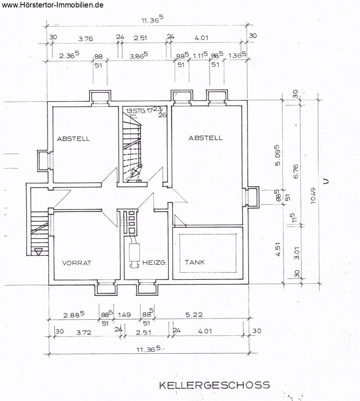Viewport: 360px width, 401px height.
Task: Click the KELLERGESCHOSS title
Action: point(214,385)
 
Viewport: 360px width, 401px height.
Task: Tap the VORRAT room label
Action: point(77,263)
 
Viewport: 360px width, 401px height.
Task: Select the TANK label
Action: point(195,262)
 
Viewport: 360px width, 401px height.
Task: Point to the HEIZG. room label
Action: point(154,262)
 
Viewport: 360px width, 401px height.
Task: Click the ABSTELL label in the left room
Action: point(73,139)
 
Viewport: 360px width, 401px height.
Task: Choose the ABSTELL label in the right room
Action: point(205,138)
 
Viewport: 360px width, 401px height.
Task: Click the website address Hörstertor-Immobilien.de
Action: point(52,5)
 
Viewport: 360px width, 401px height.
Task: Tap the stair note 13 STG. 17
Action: point(139,111)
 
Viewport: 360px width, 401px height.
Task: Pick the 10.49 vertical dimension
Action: point(313,196)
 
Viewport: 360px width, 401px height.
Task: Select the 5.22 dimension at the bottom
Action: point(194,314)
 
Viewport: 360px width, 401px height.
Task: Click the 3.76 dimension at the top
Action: point(85,39)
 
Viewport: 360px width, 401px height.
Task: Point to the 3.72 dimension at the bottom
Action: point(84,332)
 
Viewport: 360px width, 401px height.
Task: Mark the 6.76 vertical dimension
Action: point(295,171)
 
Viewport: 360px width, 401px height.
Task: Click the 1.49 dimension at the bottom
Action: point(124,315)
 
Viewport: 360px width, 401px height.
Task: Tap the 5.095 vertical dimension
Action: point(278,155)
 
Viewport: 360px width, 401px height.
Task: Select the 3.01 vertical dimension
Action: point(297,253)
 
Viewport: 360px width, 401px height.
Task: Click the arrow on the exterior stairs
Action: point(38,252)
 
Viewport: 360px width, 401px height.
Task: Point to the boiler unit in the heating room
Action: point(134,256)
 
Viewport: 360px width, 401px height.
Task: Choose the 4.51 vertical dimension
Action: point(278,249)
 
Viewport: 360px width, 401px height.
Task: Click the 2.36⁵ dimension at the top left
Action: point(69,55)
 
